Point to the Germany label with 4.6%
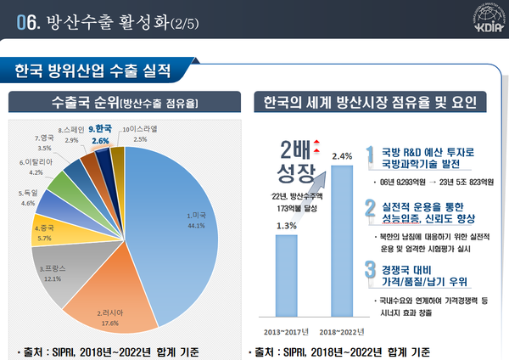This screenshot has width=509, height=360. coord(26,198)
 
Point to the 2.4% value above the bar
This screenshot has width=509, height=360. coord(342,155)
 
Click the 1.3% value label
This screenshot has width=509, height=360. coord(286,225)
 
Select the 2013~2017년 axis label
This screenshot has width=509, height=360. coord(286,331)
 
